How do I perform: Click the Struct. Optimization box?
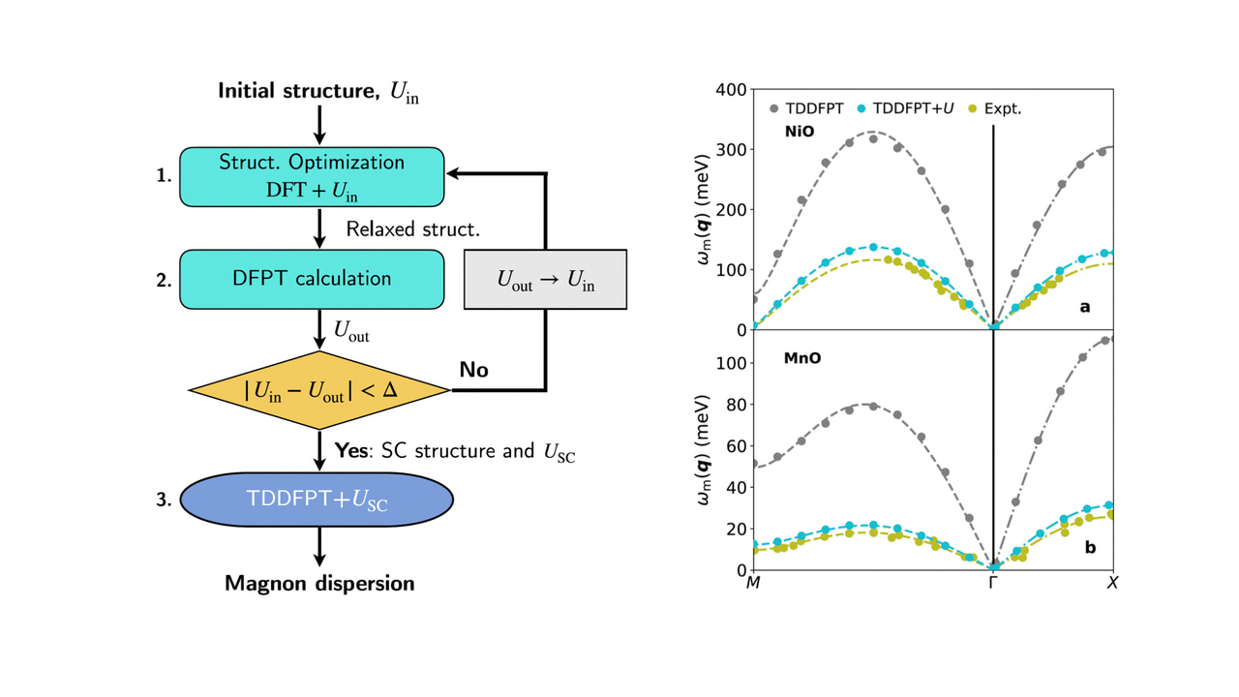coord(312,176)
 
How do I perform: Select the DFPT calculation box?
coord(312,279)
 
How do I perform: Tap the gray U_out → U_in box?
coord(546,280)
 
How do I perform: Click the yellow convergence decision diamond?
coord(319,390)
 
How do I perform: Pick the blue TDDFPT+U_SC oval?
coord(317,499)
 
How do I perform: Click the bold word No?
coord(473,370)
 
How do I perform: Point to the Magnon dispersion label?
coord(319,583)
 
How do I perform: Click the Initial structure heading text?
coord(318,92)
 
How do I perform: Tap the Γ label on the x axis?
coord(993,583)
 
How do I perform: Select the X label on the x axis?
coord(1112,583)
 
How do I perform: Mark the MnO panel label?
coord(802,358)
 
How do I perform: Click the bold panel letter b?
coord(1090,547)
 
